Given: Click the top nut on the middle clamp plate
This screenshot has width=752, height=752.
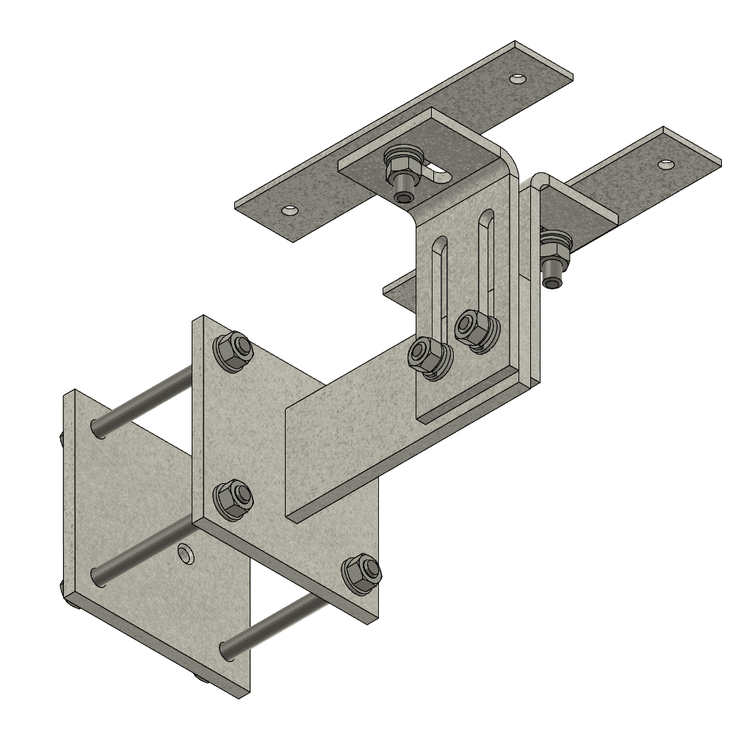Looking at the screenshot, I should click(233, 350).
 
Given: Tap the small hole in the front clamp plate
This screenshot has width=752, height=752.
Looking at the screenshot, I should click(187, 552).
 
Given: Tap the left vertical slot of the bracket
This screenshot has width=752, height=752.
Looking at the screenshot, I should click(438, 286).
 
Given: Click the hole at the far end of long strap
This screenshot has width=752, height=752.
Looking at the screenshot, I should click(519, 77).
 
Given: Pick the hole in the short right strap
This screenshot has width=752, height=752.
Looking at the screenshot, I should click(665, 164).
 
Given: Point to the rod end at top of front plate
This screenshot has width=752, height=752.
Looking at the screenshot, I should click(98, 427).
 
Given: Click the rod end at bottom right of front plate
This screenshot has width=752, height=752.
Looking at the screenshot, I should click(227, 649).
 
